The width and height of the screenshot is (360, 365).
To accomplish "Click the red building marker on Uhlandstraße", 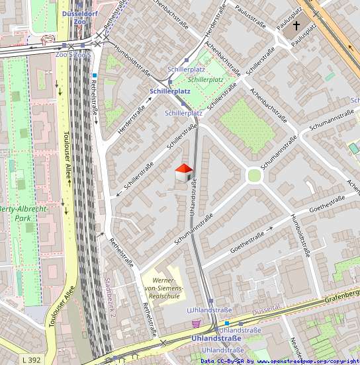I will (183, 174).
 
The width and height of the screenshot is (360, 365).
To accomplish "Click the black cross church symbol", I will (296, 26).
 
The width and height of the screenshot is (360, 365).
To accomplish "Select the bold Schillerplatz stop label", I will (170, 91).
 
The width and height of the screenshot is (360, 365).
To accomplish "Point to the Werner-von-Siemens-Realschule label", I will (163, 290).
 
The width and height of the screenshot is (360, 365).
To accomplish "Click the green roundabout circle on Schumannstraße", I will (254, 175).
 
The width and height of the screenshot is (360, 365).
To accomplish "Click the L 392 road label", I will (31, 360).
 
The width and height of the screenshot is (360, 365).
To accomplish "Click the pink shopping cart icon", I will (196, 323).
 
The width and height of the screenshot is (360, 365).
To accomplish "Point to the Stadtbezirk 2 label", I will (110, 297).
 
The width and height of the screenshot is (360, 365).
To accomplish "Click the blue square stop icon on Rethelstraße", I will (95, 76).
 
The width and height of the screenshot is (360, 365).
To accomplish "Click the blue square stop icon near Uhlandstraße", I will (226, 323).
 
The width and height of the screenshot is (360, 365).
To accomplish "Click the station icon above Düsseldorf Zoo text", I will (80, 5).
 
